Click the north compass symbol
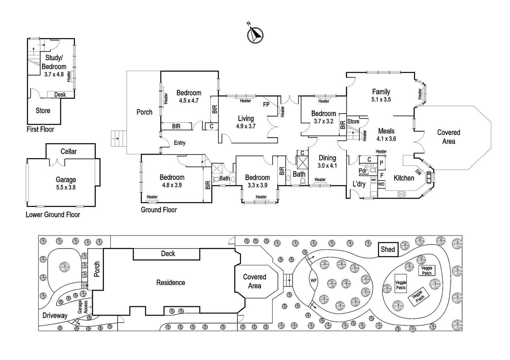[x=255, y=35]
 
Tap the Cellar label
[x=69, y=152]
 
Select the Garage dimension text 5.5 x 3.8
[x=66, y=187]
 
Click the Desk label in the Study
[x=60, y=94]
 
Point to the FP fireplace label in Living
[x=266, y=105]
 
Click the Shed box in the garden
[x=388, y=250]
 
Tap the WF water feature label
[x=314, y=281]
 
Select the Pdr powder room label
[x=363, y=171]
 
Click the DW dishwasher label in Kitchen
[x=418, y=172]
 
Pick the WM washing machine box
[x=373, y=180]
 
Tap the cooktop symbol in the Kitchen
[x=402, y=194]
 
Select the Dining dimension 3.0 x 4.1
[x=327, y=165]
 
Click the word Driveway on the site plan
[x=55, y=316]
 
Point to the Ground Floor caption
[x=159, y=210]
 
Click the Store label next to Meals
[x=353, y=121]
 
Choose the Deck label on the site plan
[x=168, y=254]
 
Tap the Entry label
[x=179, y=143]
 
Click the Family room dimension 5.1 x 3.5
[x=381, y=99]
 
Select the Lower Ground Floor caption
[x=53, y=215]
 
